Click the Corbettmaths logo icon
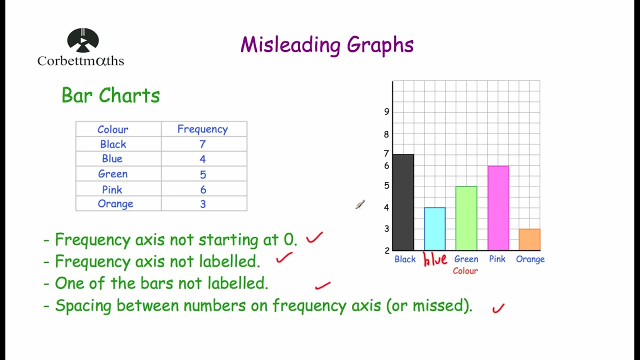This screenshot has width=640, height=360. [83, 40]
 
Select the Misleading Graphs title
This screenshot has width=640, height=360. [327, 45]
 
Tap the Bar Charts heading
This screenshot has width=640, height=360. [110, 95]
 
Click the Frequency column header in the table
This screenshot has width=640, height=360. [202, 129]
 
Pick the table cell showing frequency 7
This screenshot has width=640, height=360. [202, 144]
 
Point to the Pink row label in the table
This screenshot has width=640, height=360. [112, 189]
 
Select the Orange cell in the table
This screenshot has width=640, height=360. [115, 203]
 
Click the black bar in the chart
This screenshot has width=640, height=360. [403, 202]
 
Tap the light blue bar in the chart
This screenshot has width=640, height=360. [434, 228]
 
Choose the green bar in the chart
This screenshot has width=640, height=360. [466, 218]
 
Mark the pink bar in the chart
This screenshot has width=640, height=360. [498, 208]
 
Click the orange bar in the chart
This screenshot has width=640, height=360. [529, 239]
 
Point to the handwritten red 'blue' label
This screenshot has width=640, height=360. [435, 259]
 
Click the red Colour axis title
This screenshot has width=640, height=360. [465, 270]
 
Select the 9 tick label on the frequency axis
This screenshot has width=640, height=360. [386, 111]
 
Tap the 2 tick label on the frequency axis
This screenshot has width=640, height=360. [387, 250]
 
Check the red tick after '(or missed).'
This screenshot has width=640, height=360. [498, 308]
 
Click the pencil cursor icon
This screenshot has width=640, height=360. [360, 204]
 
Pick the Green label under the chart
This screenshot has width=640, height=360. [466, 259]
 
